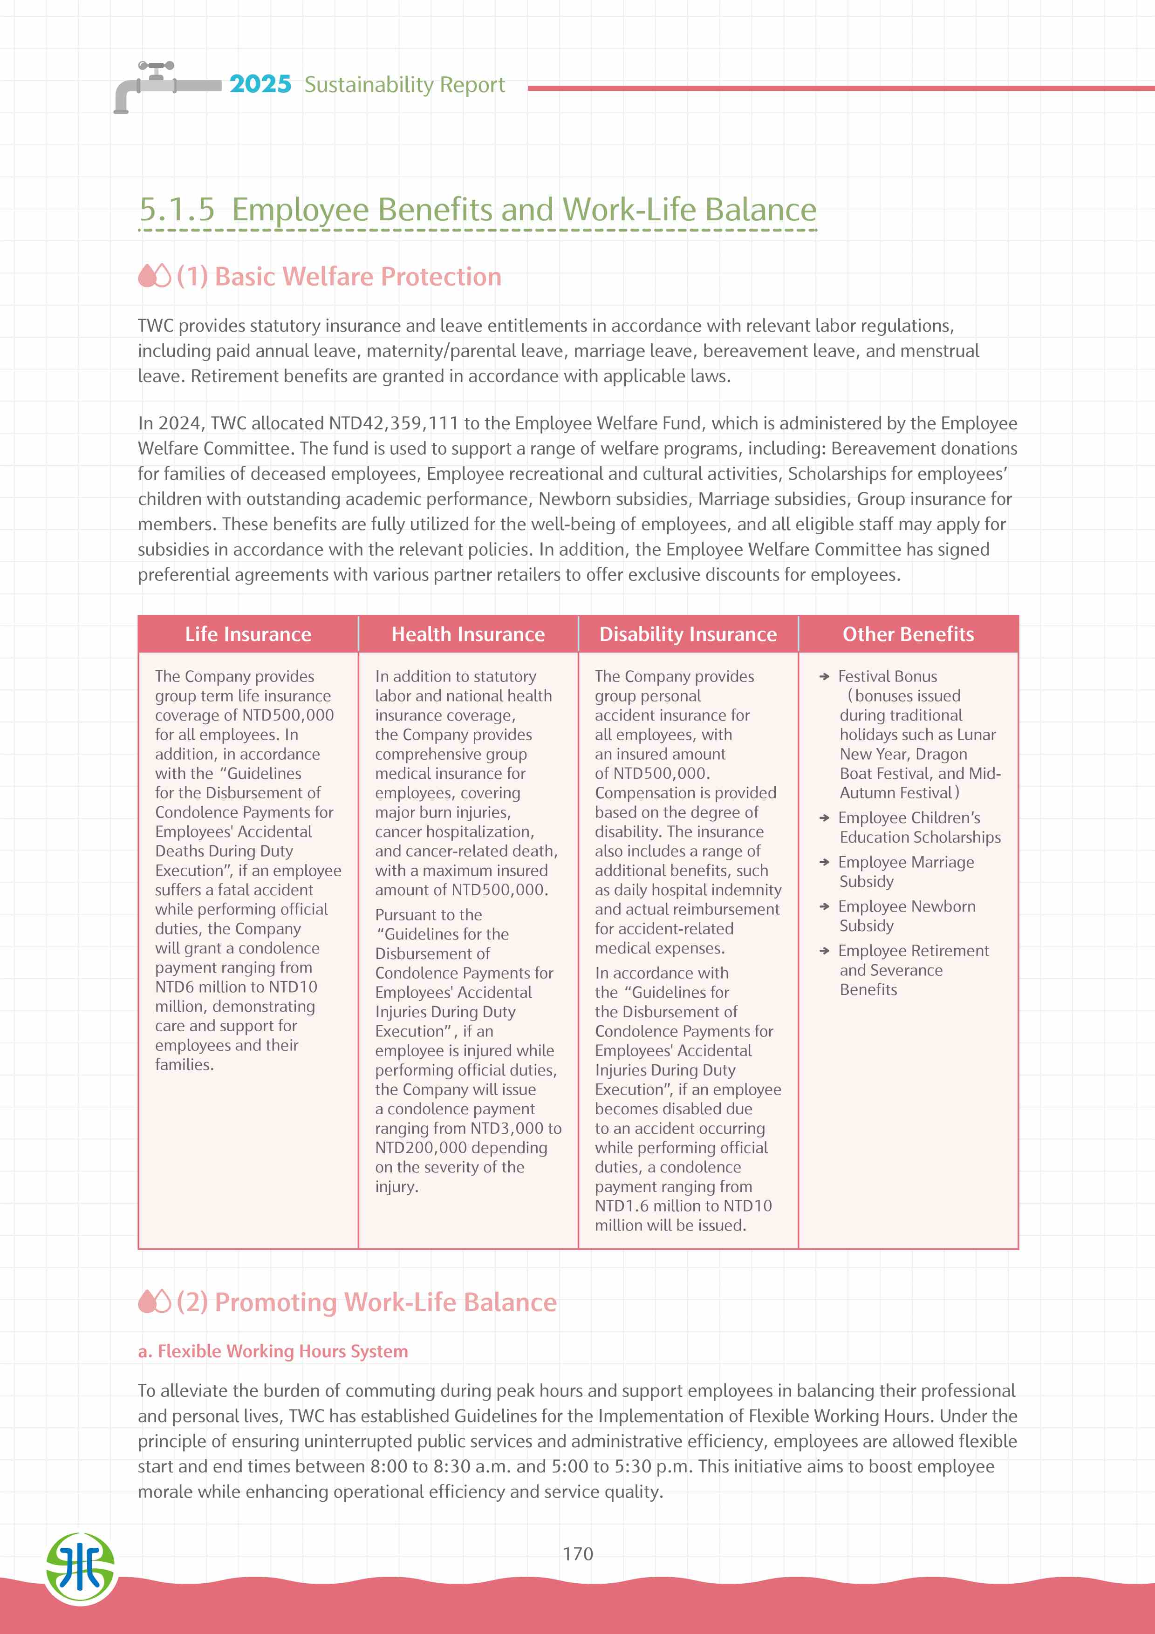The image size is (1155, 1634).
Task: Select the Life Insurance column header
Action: click(x=248, y=634)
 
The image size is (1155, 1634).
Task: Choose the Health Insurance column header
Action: click(x=468, y=634)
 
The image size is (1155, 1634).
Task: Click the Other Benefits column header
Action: click(x=908, y=634)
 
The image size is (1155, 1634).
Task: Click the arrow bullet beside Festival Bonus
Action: click(x=824, y=677)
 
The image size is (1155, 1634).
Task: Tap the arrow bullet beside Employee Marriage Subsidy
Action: click(x=824, y=863)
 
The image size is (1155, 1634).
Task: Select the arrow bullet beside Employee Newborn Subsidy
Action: click(x=824, y=907)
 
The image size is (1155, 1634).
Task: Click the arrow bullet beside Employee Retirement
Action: click(x=824, y=951)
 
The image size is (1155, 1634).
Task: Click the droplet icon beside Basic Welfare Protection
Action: click(x=154, y=276)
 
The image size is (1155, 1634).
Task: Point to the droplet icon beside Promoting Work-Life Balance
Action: click(x=154, y=1301)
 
